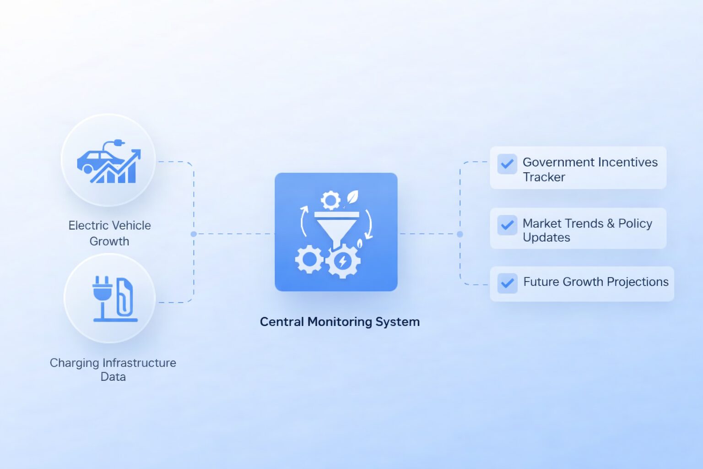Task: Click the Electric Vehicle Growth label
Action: (x=109, y=233)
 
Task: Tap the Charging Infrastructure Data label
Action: (x=113, y=370)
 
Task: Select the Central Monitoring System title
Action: (x=340, y=322)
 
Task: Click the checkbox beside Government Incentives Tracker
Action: (x=507, y=164)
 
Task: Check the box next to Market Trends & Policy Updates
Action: (x=507, y=225)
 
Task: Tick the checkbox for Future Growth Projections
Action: (x=507, y=283)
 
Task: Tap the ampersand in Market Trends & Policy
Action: (x=611, y=224)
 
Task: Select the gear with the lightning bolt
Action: (x=342, y=262)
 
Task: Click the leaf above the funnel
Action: (x=352, y=197)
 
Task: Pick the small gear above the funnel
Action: (x=330, y=201)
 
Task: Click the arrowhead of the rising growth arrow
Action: (x=136, y=153)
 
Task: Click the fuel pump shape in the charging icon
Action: (x=124, y=297)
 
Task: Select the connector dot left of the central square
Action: (x=194, y=234)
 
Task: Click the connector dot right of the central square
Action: (x=460, y=234)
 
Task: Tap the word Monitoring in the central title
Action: (x=339, y=322)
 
